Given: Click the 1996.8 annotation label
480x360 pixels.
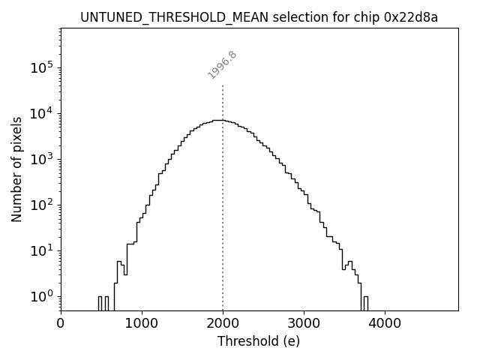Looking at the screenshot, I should pos(222,65).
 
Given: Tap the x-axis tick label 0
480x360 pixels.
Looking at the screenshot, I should pos(61,324).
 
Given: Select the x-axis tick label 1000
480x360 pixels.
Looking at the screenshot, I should pos(142,324).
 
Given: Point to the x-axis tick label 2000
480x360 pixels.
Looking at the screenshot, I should pos(223,324).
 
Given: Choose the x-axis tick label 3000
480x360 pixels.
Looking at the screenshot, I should pos(304,324).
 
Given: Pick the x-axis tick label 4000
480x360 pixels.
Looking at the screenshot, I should pos(385,324).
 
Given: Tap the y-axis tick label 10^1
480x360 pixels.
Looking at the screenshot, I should pos(40,250).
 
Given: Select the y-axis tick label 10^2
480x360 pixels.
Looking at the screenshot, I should pos(40,205).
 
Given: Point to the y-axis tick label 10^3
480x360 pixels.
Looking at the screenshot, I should pos(40,159).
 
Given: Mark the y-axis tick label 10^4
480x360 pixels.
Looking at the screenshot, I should pos(40,113).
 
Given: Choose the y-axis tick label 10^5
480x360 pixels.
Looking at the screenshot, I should pos(40,67).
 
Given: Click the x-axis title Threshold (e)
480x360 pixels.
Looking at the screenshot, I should pos(259,341).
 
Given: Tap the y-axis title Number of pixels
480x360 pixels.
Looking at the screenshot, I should pos(16,169).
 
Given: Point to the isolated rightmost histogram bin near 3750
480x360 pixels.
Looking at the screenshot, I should pos(365,303).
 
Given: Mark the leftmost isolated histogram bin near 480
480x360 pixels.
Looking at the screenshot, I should pos(100,303).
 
